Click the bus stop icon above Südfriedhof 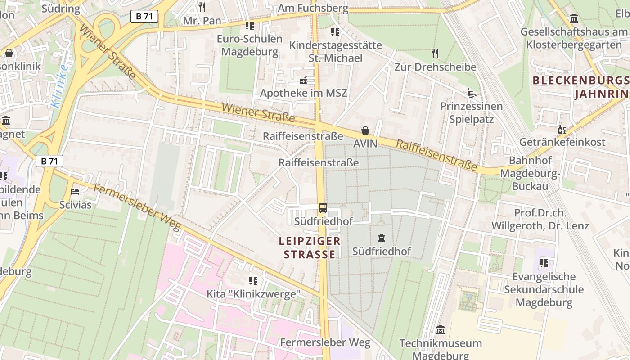323,208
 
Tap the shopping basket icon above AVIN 365,130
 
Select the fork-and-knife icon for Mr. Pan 202,7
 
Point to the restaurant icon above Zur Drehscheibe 435,54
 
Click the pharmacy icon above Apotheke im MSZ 304,80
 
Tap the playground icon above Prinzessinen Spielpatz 471,93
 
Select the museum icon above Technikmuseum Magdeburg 441,330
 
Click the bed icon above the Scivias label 76,192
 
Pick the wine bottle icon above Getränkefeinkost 562,129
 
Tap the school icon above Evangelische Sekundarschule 544,263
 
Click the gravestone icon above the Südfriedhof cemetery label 382,238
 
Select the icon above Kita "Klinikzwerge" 253,281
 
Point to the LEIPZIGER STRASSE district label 310,247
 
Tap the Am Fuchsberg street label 313,8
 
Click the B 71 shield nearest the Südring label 144,16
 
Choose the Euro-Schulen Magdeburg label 250,45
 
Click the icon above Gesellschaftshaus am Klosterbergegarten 574,18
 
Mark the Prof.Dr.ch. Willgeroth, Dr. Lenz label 540,219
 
